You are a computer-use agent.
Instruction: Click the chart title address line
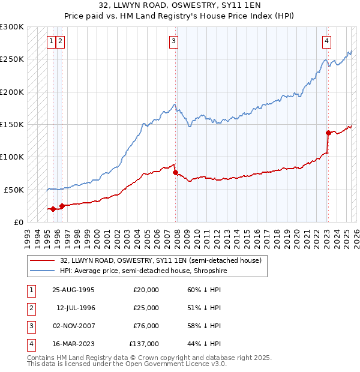180,5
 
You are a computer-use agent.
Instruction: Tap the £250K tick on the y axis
12,59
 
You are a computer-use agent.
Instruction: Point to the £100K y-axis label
12,157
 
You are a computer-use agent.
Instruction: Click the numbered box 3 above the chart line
173,41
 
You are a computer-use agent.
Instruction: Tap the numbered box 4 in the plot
326,41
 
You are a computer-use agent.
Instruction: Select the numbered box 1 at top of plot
52,41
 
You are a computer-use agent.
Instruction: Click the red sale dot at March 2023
328,133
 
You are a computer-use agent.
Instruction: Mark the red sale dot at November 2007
175,172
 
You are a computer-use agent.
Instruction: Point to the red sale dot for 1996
62,206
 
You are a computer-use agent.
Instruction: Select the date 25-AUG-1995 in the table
73,290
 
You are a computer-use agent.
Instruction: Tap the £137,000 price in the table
144,344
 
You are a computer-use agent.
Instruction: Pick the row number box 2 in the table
31,308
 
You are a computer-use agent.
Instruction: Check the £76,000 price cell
146,326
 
